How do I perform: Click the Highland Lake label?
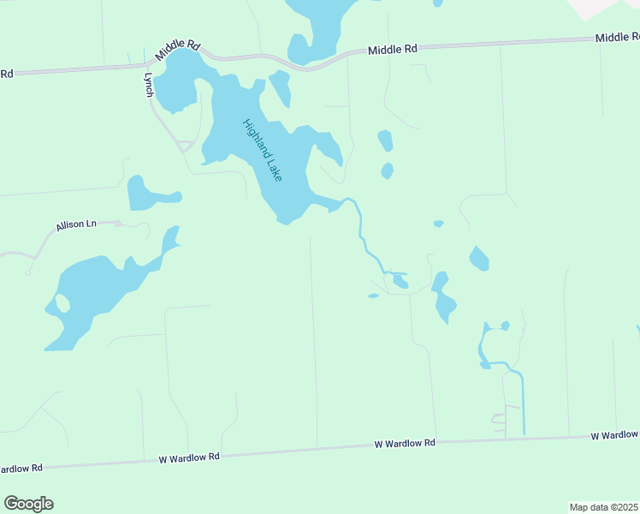262,149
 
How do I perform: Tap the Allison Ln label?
76,225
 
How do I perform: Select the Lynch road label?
149,83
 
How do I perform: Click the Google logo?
28,504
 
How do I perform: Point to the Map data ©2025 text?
603,507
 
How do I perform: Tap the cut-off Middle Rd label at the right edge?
617,38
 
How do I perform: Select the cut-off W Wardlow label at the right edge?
614,435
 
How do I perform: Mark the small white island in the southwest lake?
62,302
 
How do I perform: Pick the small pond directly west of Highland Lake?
145,194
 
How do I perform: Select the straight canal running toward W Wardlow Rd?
522,403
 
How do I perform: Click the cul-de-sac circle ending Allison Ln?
117,223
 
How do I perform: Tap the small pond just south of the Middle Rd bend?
281,87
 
